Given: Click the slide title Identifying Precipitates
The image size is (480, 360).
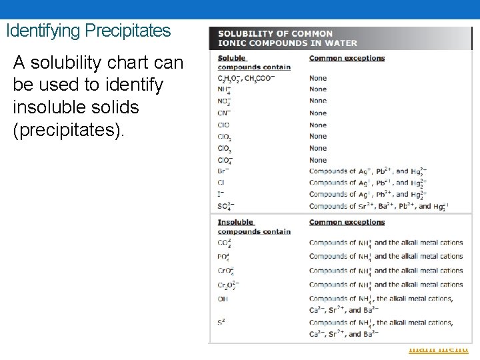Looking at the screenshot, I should point(88,31).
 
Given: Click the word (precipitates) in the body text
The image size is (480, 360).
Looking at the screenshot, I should point(68,130).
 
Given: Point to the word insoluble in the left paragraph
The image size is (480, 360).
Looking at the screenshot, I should point(47,107).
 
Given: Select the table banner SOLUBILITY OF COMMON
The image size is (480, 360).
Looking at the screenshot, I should point(275,34).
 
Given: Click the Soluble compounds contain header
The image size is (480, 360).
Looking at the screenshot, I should point(253,62).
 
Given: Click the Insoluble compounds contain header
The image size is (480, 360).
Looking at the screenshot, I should point(253,227).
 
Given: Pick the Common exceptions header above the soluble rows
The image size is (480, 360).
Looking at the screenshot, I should point(347,58).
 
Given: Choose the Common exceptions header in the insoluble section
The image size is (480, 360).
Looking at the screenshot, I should point(347,222).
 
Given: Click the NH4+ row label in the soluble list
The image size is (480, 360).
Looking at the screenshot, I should point(224,89).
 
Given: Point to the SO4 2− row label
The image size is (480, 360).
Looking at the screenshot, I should point(225,206).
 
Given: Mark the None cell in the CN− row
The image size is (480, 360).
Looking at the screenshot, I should point(318,113).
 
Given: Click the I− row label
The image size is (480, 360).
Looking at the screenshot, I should point(221,194).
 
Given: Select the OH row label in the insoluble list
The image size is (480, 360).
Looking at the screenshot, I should point(223,299).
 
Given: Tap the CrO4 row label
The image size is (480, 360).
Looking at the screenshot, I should point(225,271).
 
